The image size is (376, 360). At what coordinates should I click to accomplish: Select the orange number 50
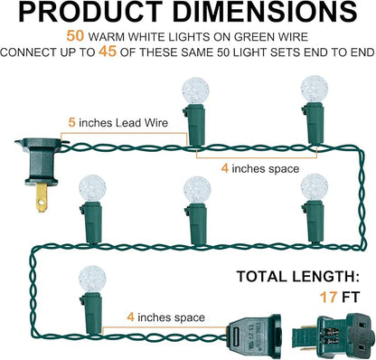coord(75,36)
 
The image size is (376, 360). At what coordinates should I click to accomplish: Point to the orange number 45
coord(108,52)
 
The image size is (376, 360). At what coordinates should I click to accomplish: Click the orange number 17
coord(328,298)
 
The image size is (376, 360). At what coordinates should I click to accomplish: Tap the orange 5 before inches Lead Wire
coord(71,122)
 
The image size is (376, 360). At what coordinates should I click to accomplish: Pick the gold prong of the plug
coord(42,198)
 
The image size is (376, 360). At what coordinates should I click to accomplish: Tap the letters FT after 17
coord(351,298)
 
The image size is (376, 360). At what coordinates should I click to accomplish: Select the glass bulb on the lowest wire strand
coord(92,279)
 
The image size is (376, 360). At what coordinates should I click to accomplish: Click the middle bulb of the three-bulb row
coord(197,190)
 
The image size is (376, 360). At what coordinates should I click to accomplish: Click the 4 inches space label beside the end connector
coord(165,317)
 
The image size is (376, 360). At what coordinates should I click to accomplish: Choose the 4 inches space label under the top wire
coord(260,168)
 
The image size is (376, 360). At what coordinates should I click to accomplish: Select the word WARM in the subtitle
coord(107,37)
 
